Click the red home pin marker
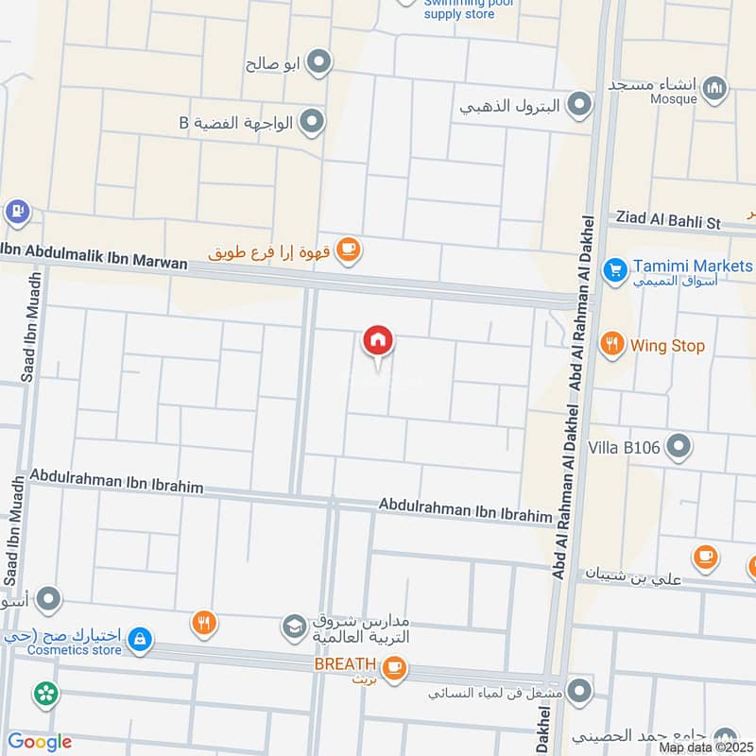point(378,341)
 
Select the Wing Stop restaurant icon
point(613,345)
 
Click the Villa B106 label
point(625,445)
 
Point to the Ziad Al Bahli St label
point(668,219)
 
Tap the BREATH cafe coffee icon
point(395,666)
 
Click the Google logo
point(39,742)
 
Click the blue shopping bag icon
point(140,641)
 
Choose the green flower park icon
point(44,695)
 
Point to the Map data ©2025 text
point(707,747)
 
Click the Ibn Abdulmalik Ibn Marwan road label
point(94,256)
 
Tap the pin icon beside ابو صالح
point(320,63)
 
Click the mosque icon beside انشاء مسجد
point(716,87)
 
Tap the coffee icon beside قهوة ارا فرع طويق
point(349,250)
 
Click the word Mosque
point(677,97)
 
